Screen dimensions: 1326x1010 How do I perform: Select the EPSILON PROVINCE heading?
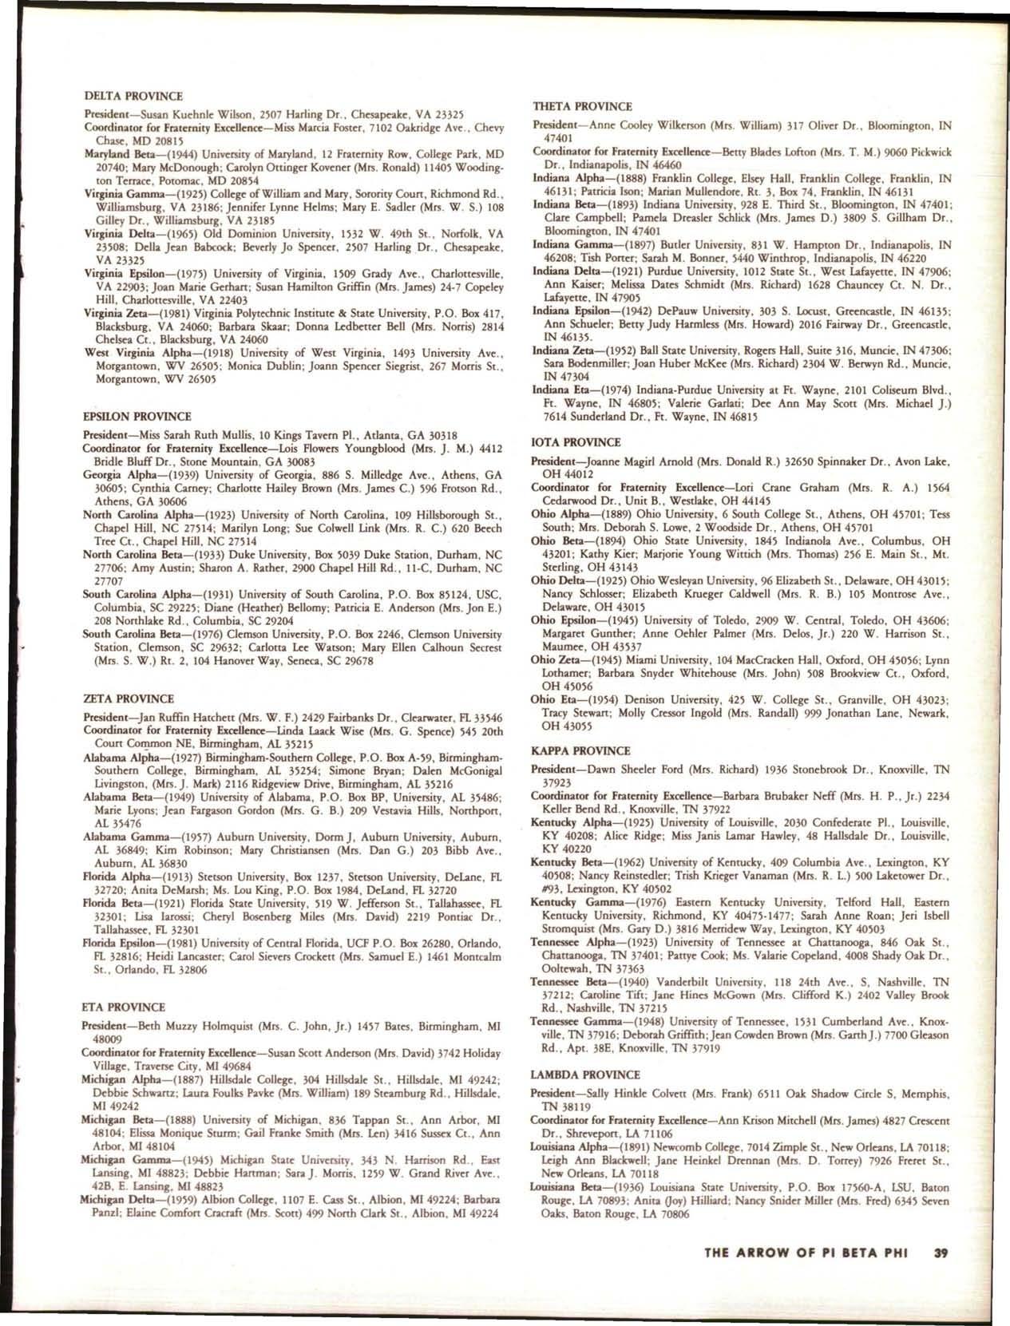pyautogui.click(x=137, y=417)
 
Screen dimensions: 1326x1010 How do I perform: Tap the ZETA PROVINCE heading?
pyautogui.click(x=129, y=699)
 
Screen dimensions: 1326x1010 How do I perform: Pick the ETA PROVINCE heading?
pyautogui.click(x=125, y=1007)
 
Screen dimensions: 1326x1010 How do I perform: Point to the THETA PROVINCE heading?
pyautogui.click(x=582, y=106)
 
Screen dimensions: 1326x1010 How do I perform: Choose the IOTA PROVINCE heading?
pyautogui.click(x=576, y=442)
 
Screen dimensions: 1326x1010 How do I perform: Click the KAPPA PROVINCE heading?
pyautogui.click(x=580, y=751)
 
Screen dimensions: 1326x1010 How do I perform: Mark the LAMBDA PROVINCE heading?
pyautogui.click(x=586, y=1075)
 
